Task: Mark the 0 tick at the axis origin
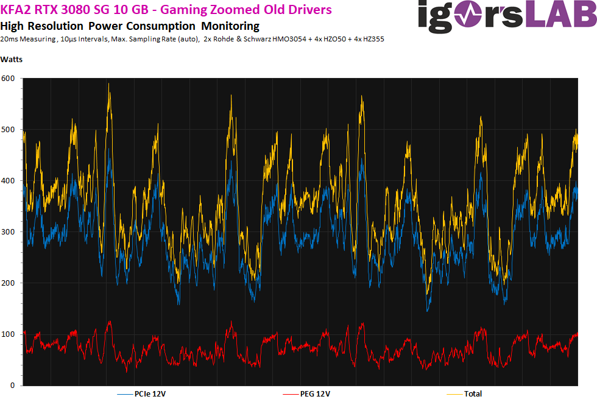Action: coord(12,386)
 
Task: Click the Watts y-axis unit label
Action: coord(12,59)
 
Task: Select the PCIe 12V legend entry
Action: coord(150,393)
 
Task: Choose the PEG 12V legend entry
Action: coord(315,393)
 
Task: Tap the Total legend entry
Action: coord(473,393)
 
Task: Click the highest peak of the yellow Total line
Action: coord(108,83)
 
